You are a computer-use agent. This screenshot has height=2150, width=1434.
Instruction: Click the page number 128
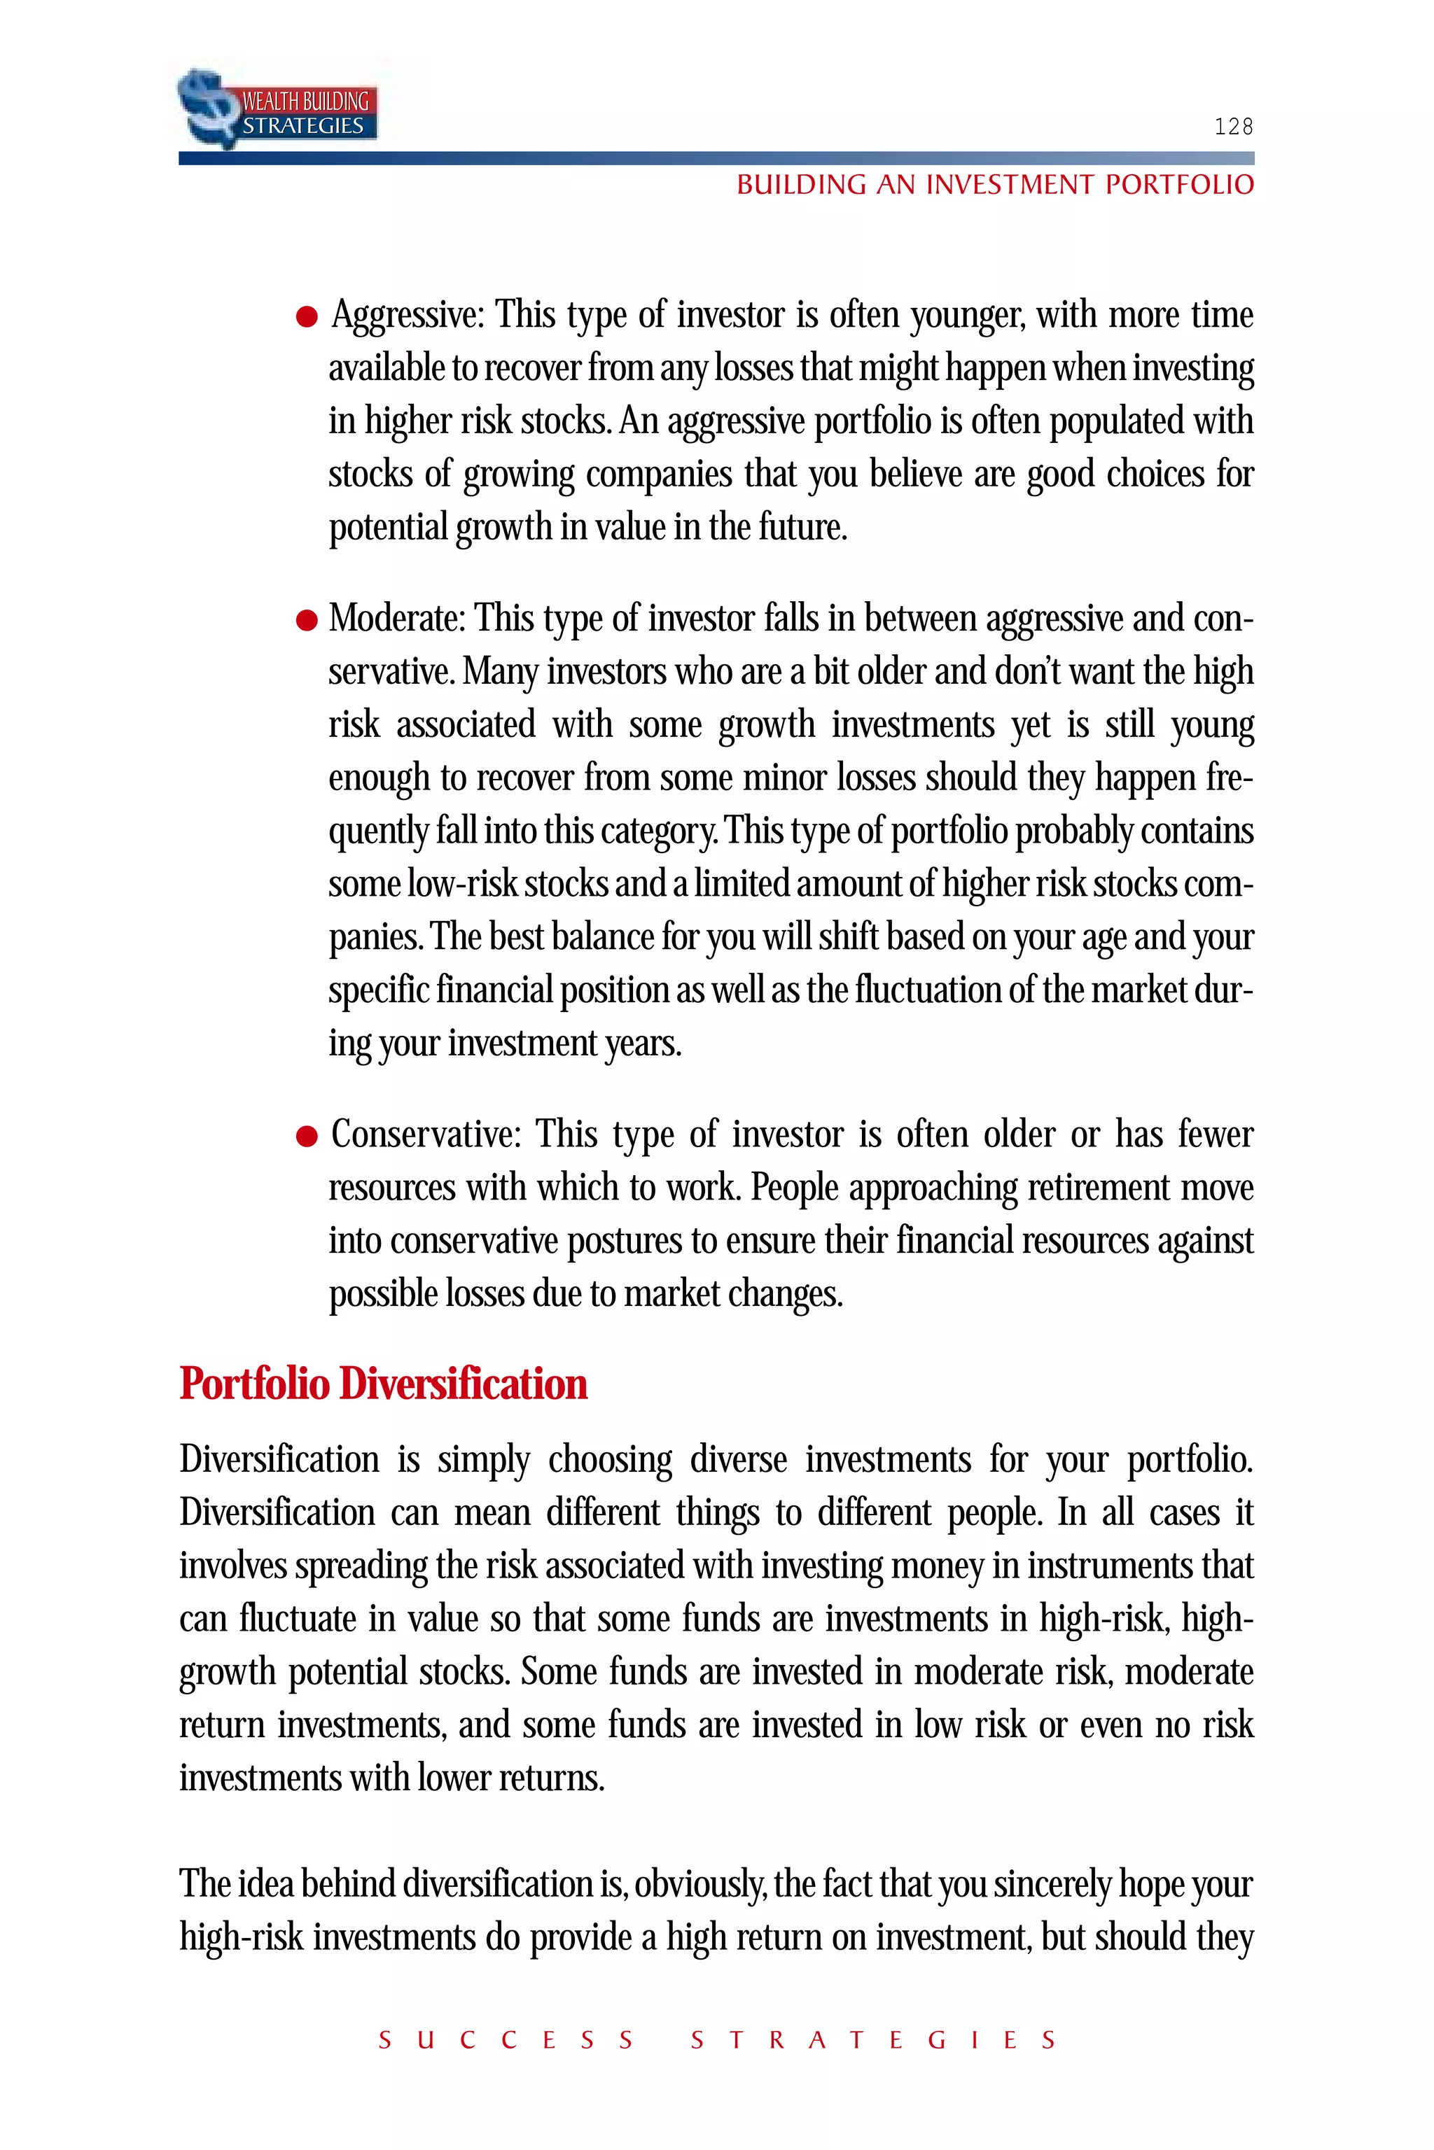(1233, 126)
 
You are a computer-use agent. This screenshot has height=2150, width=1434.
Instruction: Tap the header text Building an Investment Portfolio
(995, 185)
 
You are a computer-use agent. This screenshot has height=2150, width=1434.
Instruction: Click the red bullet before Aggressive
(307, 317)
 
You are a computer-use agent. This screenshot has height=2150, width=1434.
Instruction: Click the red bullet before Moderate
(307, 621)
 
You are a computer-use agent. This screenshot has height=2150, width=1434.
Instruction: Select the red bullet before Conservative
(307, 1137)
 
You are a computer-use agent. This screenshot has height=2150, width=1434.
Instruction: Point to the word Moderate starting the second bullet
(397, 619)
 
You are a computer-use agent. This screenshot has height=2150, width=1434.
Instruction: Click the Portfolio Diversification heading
(383, 1383)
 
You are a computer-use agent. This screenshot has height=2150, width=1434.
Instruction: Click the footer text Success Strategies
(717, 2040)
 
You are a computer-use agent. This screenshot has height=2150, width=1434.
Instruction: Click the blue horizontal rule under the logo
(716, 159)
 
